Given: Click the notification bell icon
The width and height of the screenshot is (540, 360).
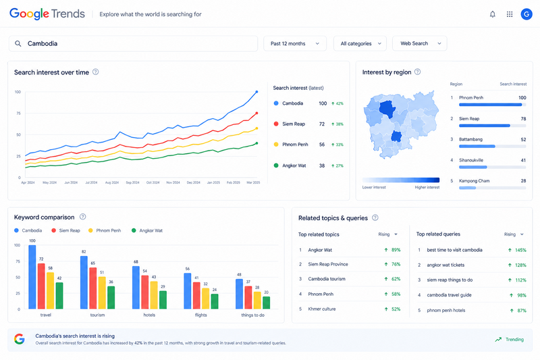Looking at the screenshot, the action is (x=493, y=14).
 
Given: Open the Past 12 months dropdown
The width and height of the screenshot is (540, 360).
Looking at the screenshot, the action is (x=295, y=44).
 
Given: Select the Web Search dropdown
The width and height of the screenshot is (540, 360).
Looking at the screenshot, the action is (x=419, y=44).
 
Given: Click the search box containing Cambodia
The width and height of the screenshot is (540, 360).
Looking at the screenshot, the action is (x=133, y=44).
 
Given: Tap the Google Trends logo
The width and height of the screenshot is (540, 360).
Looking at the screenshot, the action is (x=47, y=14).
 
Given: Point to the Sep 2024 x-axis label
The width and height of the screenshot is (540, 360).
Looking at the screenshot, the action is (x=132, y=182).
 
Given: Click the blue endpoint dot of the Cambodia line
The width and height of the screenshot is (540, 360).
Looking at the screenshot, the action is (x=256, y=92).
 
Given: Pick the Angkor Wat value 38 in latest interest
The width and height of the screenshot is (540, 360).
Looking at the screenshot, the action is (x=322, y=165).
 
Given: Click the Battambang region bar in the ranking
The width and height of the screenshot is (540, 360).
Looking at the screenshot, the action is (x=477, y=147).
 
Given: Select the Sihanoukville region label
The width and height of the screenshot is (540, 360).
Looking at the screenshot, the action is (x=471, y=160).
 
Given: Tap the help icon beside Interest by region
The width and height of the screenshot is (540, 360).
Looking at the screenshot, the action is (x=417, y=72).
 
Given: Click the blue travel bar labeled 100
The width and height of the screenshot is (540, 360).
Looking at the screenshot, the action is (x=32, y=277).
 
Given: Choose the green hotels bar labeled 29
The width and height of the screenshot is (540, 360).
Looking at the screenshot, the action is (x=163, y=300).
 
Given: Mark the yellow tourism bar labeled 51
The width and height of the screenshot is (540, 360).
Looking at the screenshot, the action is (x=102, y=293).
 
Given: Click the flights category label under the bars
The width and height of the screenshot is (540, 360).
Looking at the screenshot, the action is (x=200, y=315).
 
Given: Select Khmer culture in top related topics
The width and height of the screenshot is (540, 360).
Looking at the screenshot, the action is (x=322, y=309).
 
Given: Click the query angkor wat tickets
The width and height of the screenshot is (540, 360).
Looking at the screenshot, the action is (x=446, y=265).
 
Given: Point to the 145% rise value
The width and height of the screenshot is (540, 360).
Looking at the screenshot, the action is (x=520, y=250).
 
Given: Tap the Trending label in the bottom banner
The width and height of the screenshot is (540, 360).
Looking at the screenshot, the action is (x=514, y=340).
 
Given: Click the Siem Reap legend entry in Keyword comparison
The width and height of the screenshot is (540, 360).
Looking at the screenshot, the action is (x=65, y=230).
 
